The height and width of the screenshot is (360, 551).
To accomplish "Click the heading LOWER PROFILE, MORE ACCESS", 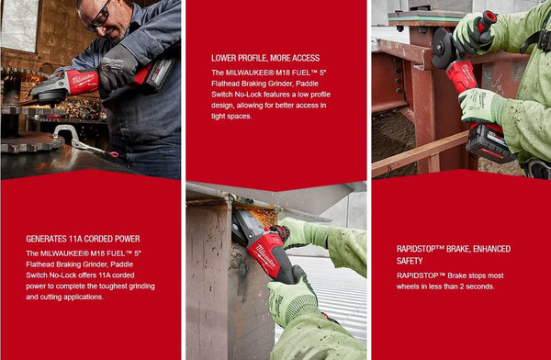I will click(265, 57).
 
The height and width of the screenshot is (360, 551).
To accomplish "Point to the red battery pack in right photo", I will click(486, 141).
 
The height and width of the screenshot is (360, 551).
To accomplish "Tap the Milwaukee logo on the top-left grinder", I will click(82, 81).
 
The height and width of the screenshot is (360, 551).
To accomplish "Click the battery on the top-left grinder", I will click(157, 72).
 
